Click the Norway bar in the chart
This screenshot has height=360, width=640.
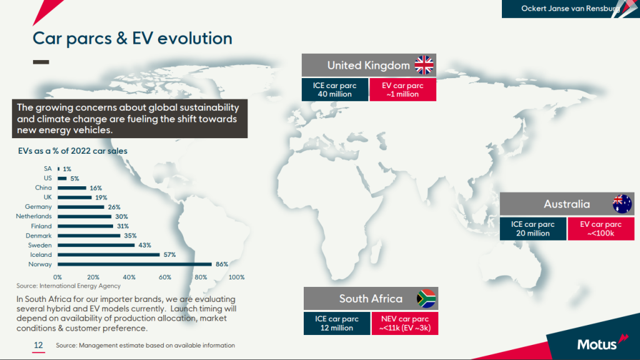(x=135, y=264)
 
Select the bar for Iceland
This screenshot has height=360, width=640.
(x=109, y=255)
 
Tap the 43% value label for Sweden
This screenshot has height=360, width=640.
(x=145, y=245)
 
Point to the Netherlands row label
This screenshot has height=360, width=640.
(x=34, y=216)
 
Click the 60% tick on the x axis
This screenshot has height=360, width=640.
(x=165, y=277)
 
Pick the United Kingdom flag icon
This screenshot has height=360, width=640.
(x=424, y=65)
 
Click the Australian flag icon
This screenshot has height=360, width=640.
(x=622, y=204)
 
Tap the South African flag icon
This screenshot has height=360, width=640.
(x=426, y=298)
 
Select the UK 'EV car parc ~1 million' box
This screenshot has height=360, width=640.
(x=403, y=90)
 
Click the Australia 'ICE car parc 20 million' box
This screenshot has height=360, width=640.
(x=533, y=229)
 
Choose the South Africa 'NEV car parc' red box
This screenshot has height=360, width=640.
(x=405, y=323)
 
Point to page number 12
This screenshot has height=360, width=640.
(x=38, y=345)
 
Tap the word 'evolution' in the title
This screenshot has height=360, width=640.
(x=195, y=38)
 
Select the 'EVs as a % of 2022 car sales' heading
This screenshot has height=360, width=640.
(x=72, y=151)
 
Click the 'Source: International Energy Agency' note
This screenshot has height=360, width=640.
(x=69, y=286)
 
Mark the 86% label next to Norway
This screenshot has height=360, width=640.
(x=222, y=264)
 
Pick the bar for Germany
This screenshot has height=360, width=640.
(x=81, y=207)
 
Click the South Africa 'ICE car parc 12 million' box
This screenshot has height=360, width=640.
(x=337, y=323)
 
